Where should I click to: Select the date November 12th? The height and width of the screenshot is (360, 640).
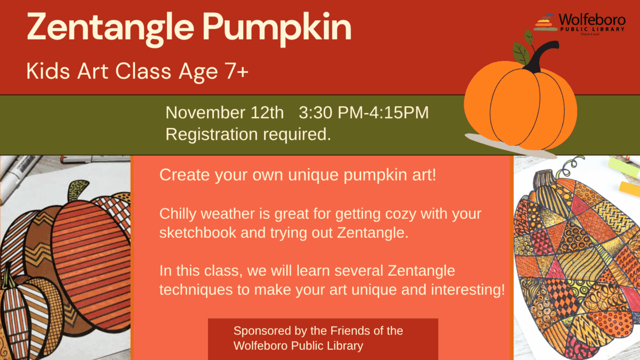click(225, 113)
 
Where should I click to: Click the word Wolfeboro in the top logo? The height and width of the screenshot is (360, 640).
click(592, 20)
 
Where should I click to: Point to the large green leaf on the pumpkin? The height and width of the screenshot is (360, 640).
click(521, 53)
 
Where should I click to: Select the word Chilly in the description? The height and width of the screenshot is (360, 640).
click(178, 214)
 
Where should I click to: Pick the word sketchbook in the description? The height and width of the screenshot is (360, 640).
click(198, 233)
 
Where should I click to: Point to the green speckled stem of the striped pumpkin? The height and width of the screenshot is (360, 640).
click(77, 190)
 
